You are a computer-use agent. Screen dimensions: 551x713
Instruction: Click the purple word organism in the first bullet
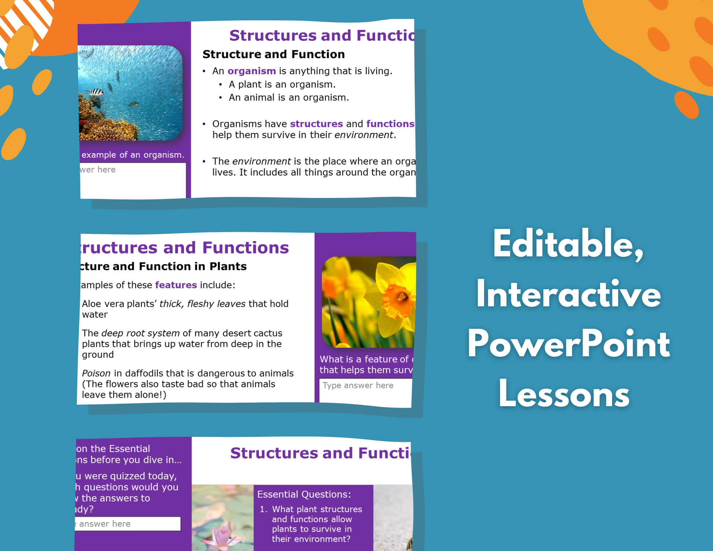(x=251, y=71)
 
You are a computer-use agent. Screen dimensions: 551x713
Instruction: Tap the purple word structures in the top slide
(x=316, y=124)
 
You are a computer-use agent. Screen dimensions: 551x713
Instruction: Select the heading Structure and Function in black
(x=273, y=54)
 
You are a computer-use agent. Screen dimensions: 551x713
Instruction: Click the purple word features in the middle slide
(x=176, y=285)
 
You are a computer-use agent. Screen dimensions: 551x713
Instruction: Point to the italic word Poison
(x=96, y=373)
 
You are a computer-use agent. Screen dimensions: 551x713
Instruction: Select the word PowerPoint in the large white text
(x=568, y=344)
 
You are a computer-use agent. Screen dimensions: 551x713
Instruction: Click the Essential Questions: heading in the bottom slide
(x=304, y=494)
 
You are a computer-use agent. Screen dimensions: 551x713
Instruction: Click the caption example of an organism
(x=133, y=155)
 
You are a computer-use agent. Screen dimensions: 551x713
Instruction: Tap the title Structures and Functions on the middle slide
(x=185, y=247)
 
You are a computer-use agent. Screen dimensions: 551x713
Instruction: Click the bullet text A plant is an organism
(x=282, y=84)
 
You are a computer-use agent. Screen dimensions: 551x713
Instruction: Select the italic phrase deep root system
(x=140, y=333)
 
